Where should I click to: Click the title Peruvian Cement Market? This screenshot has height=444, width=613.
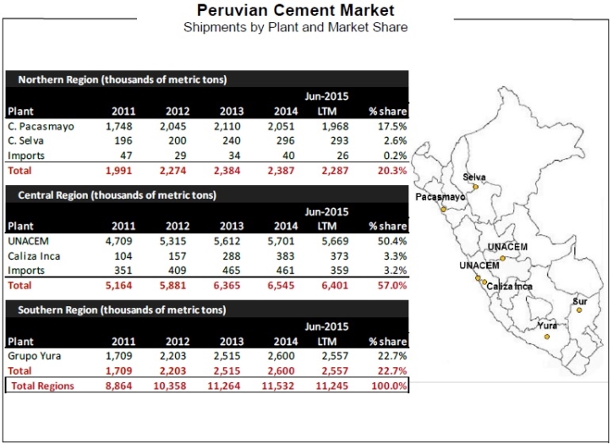tap(295, 11)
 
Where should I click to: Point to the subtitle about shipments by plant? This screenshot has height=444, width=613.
tap(295, 27)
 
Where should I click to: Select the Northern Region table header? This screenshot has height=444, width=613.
tap(123, 79)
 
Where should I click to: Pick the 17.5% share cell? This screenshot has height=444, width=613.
tap(391, 126)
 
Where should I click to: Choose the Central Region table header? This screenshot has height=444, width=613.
tap(118, 195)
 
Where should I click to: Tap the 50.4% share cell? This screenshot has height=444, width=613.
tap(391, 240)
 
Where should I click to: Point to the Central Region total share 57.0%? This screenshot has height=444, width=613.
tap(391, 285)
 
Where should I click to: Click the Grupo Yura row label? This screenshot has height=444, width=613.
tap(35, 356)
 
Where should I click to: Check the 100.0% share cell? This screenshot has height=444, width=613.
tap(390, 386)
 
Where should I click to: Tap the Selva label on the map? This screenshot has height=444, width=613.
tap(475, 176)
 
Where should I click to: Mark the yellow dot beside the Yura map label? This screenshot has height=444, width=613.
tap(546, 337)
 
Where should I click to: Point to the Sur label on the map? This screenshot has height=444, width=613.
tap(579, 301)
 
